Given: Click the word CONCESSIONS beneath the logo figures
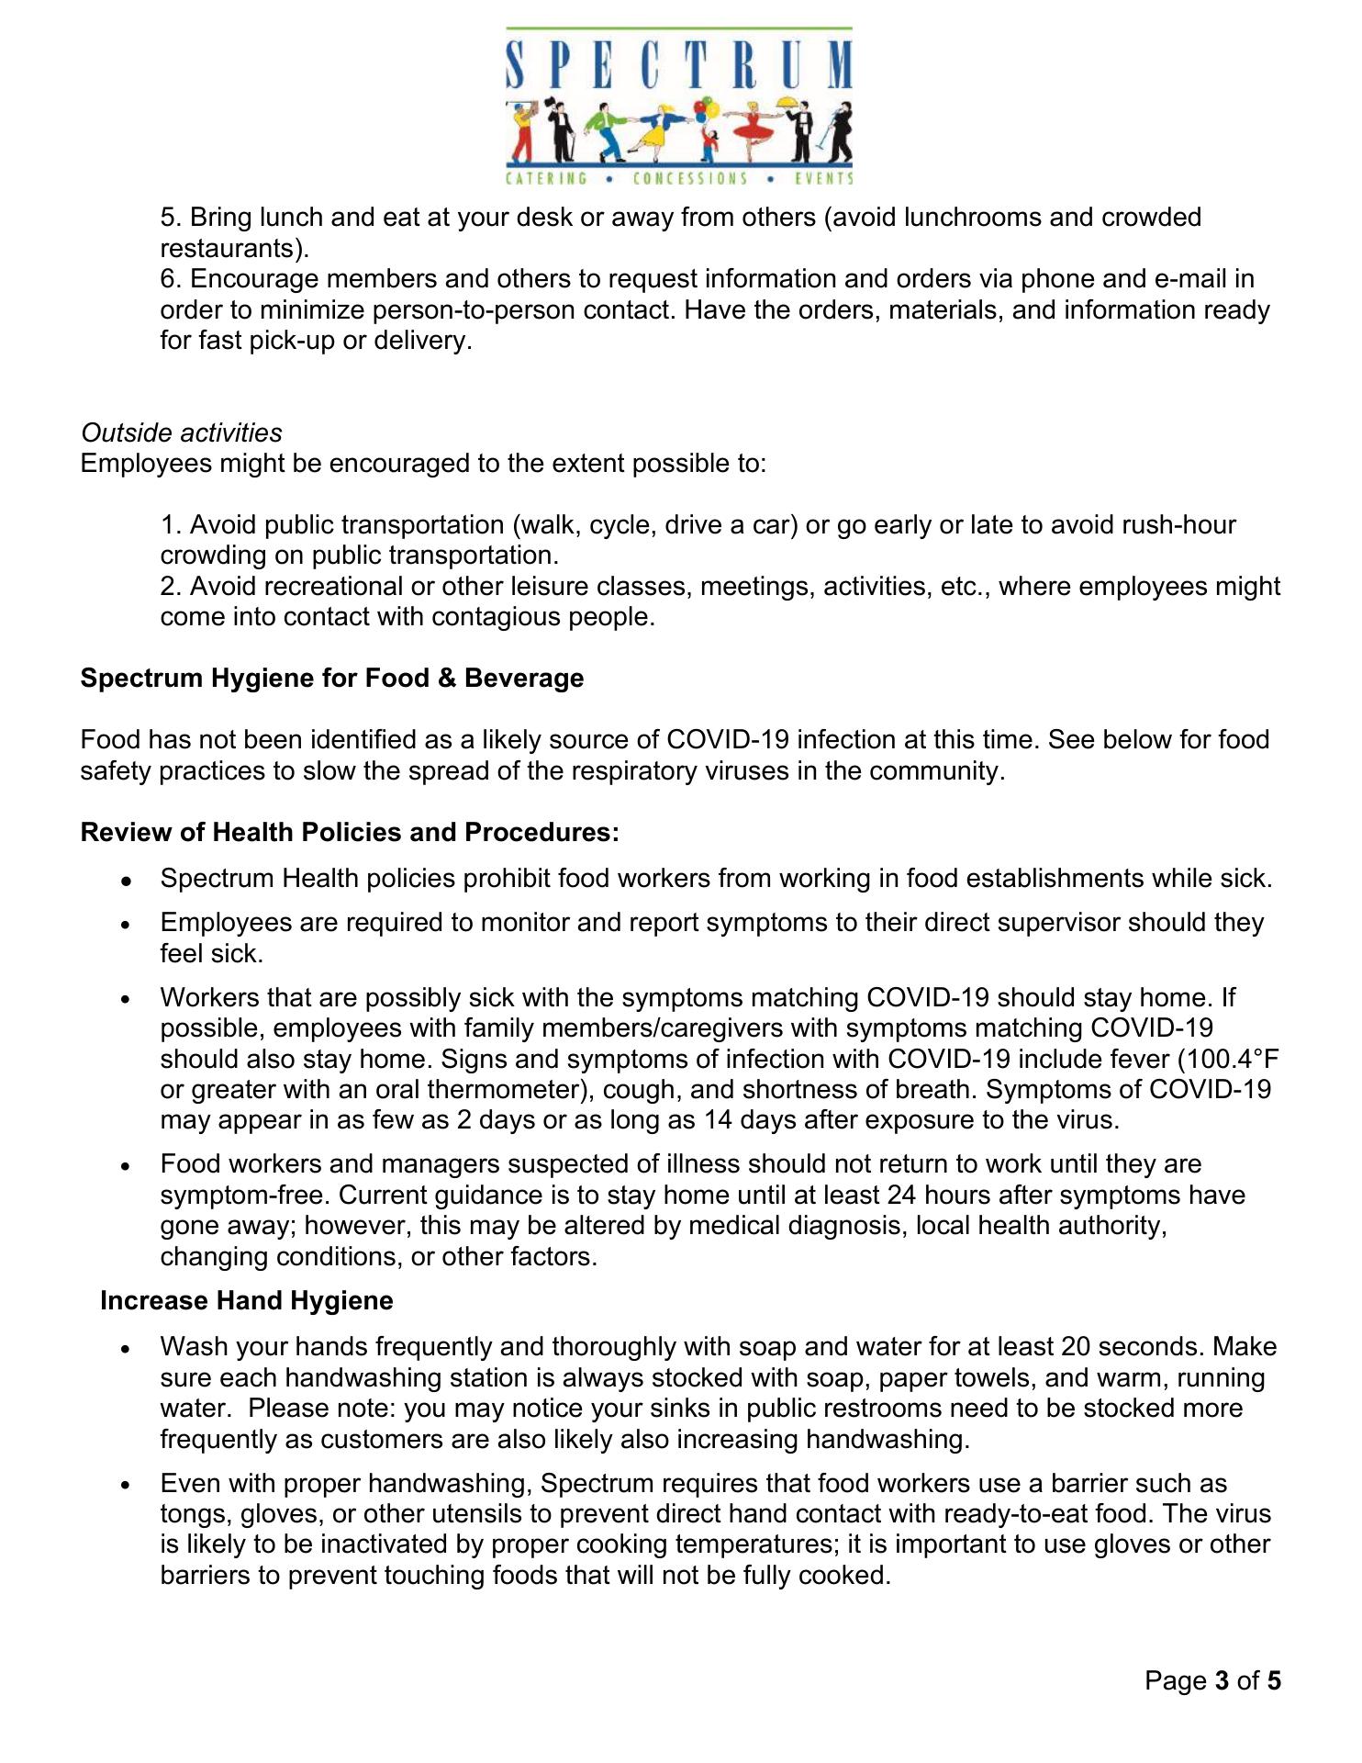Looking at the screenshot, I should [x=689, y=178].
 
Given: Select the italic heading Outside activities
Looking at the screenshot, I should [x=182, y=432].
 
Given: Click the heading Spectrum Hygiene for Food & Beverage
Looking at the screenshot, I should [x=332, y=679].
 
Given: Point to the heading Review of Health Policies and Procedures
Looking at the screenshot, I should [x=350, y=833].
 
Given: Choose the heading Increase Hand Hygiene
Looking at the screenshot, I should [x=247, y=1301].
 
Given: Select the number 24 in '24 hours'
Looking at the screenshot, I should [x=904, y=1196].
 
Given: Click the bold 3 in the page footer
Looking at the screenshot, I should [x=1222, y=1681].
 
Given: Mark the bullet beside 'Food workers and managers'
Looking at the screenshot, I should [x=127, y=1166].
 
